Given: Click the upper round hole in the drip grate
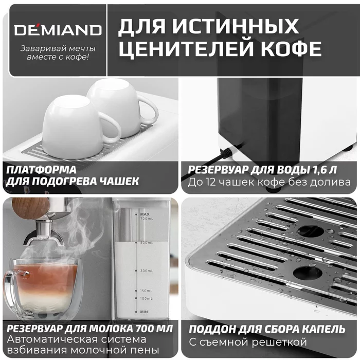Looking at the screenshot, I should [x=307, y=231].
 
